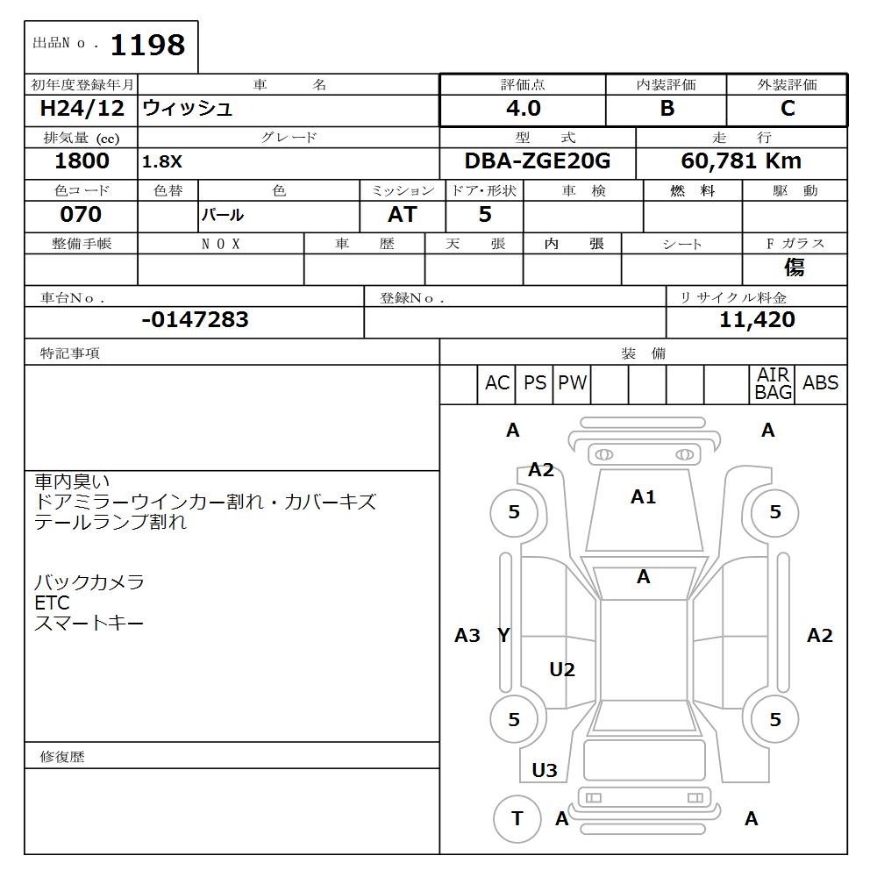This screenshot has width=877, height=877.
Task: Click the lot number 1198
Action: tap(147, 46)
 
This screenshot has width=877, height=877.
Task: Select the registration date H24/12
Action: tap(82, 109)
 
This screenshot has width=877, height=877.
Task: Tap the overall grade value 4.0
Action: tap(524, 109)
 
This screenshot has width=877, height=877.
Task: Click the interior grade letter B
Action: tap(667, 109)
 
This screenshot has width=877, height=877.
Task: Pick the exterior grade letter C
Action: tap(788, 109)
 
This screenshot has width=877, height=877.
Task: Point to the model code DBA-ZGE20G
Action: tap(538, 161)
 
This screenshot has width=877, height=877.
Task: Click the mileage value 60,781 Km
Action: tap(741, 161)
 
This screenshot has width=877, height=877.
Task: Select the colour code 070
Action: tap(81, 214)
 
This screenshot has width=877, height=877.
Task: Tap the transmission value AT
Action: tap(403, 214)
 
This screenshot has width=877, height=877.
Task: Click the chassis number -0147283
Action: tap(196, 320)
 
